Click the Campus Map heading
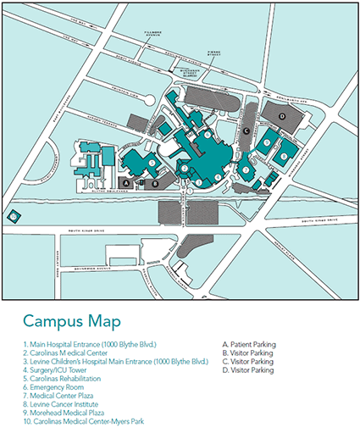[71, 321]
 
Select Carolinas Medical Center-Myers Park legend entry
[77, 421]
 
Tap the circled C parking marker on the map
[246, 130]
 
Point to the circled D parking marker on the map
[282, 115]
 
